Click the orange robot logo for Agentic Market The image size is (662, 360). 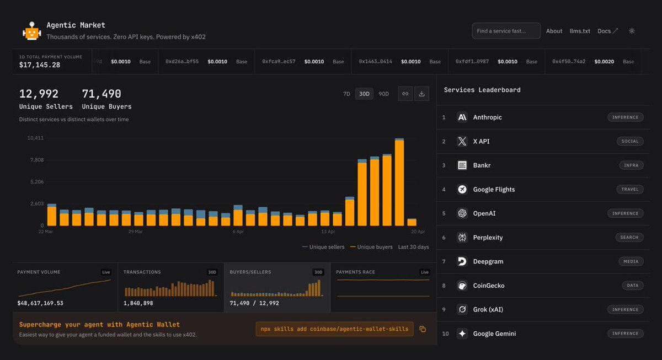32,31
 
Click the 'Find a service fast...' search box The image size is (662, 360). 506,31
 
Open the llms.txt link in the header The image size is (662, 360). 580,31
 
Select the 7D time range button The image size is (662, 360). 346,94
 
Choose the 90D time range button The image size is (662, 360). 383,94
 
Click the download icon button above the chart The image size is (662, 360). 421,94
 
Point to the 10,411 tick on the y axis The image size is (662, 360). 35,138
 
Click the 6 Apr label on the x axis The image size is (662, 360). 238,232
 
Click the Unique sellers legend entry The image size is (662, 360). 324,247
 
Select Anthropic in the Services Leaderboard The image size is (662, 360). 487,117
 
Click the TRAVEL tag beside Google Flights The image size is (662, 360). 629,189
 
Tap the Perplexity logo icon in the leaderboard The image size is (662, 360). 462,238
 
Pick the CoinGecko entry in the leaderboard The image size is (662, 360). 488,286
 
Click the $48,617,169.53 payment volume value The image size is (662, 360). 40,303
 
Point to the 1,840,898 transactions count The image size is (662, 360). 138,303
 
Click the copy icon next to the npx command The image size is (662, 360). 423,329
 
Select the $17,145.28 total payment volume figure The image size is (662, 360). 40,65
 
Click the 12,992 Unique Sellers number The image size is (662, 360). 39,94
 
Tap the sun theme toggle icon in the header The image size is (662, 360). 632,31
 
